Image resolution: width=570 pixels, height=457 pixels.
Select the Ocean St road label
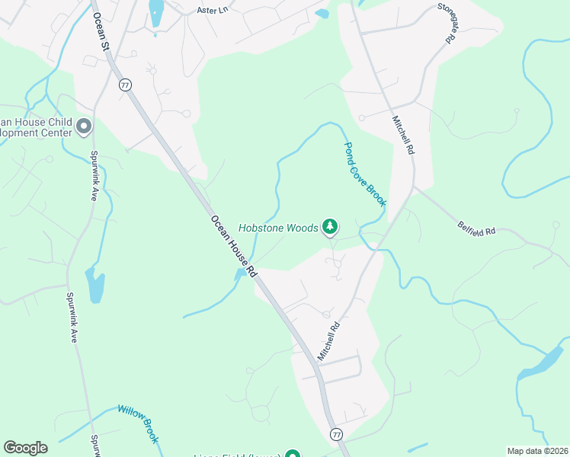pos(101,32)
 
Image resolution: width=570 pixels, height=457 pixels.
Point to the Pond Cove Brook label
pos(365,174)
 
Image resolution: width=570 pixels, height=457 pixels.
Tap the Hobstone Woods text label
pos(277,227)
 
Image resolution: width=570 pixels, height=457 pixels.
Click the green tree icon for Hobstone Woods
pos(330,226)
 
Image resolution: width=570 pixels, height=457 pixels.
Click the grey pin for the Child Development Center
pos(84,126)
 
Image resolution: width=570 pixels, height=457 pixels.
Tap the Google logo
pos(25,448)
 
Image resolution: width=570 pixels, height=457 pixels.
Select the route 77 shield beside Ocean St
pos(123,85)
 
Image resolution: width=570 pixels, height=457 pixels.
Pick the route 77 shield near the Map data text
pos(336,434)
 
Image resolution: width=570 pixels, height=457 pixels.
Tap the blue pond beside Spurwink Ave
pos(95,286)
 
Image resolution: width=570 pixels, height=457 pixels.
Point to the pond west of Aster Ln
pos(156,13)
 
